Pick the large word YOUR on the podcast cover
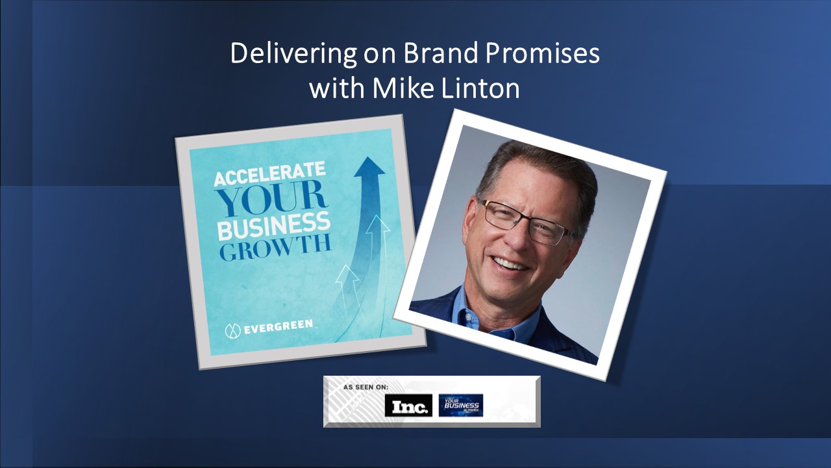pyautogui.click(x=271, y=201)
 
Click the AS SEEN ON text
pyautogui.click(x=366, y=387)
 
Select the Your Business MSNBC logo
pyautogui.click(x=460, y=405)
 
